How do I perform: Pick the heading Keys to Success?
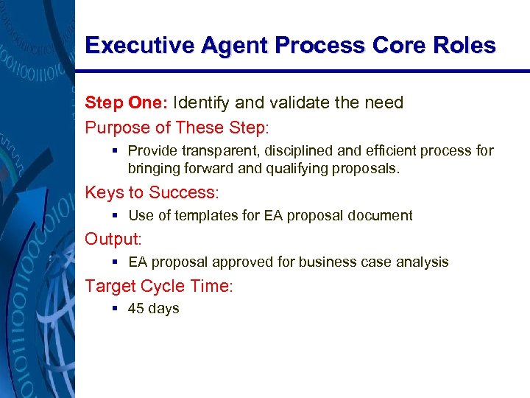click(152, 192)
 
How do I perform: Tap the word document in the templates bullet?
click(380, 215)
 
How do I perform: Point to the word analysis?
click(423, 262)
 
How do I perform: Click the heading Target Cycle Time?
click(159, 286)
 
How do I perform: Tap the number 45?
click(136, 308)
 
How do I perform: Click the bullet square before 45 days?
click(117, 308)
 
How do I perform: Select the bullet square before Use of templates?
click(117, 215)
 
